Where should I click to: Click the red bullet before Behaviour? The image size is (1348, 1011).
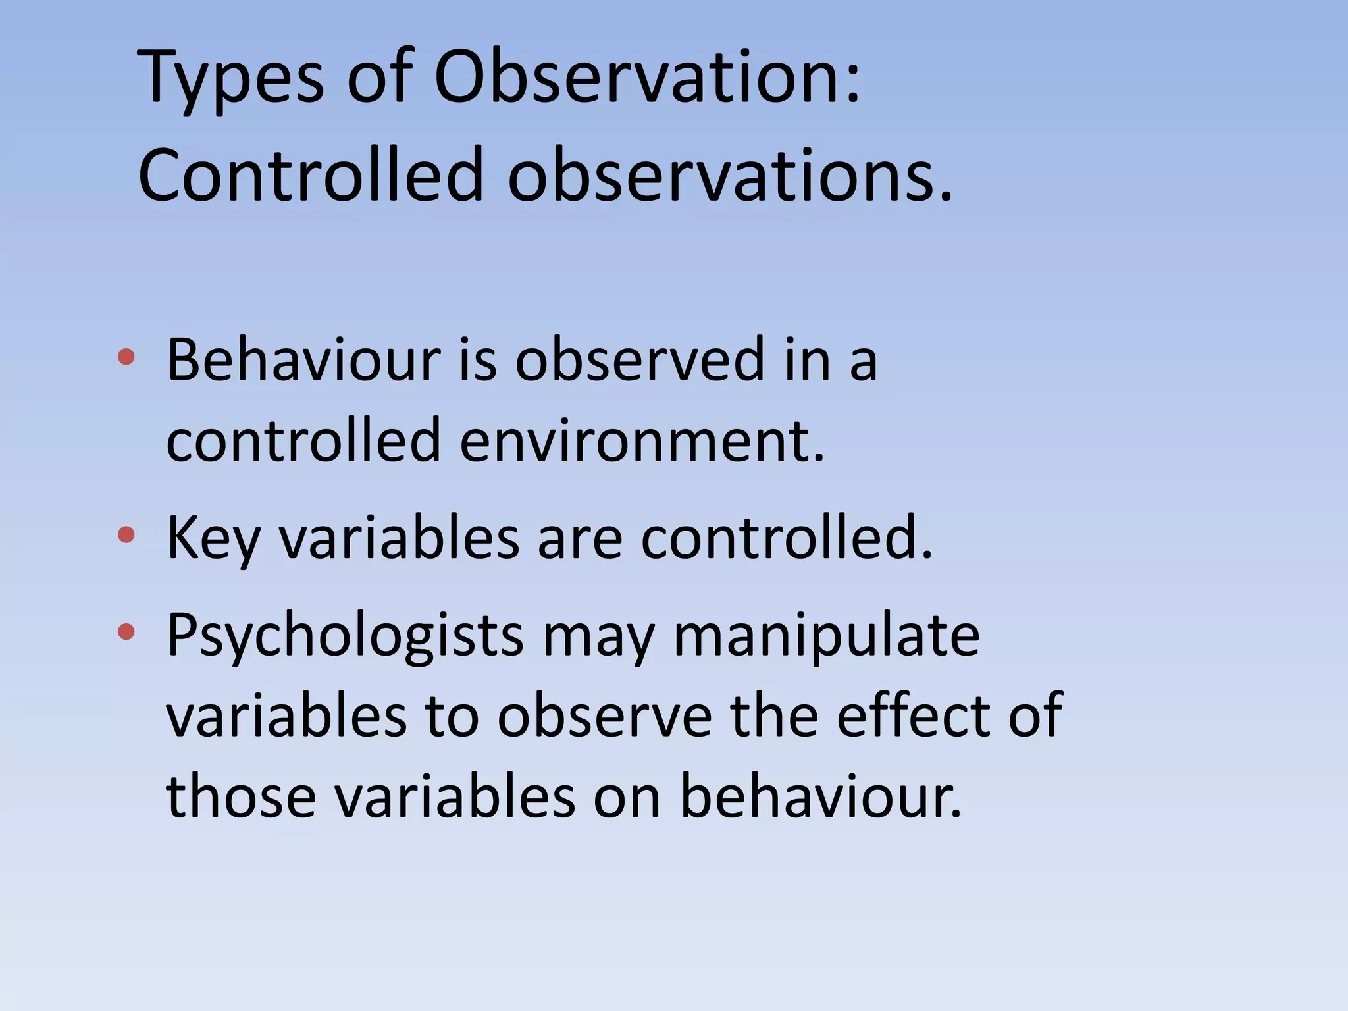(x=126, y=357)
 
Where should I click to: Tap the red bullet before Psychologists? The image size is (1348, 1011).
(x=126, y=632)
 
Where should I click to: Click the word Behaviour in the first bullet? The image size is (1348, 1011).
(x=303, y=360)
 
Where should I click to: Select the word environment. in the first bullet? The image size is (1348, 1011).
(x=642, y=440)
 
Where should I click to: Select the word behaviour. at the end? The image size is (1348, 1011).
(x=820, y=796)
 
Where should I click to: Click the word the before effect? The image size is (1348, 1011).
(x=773, y=715)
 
